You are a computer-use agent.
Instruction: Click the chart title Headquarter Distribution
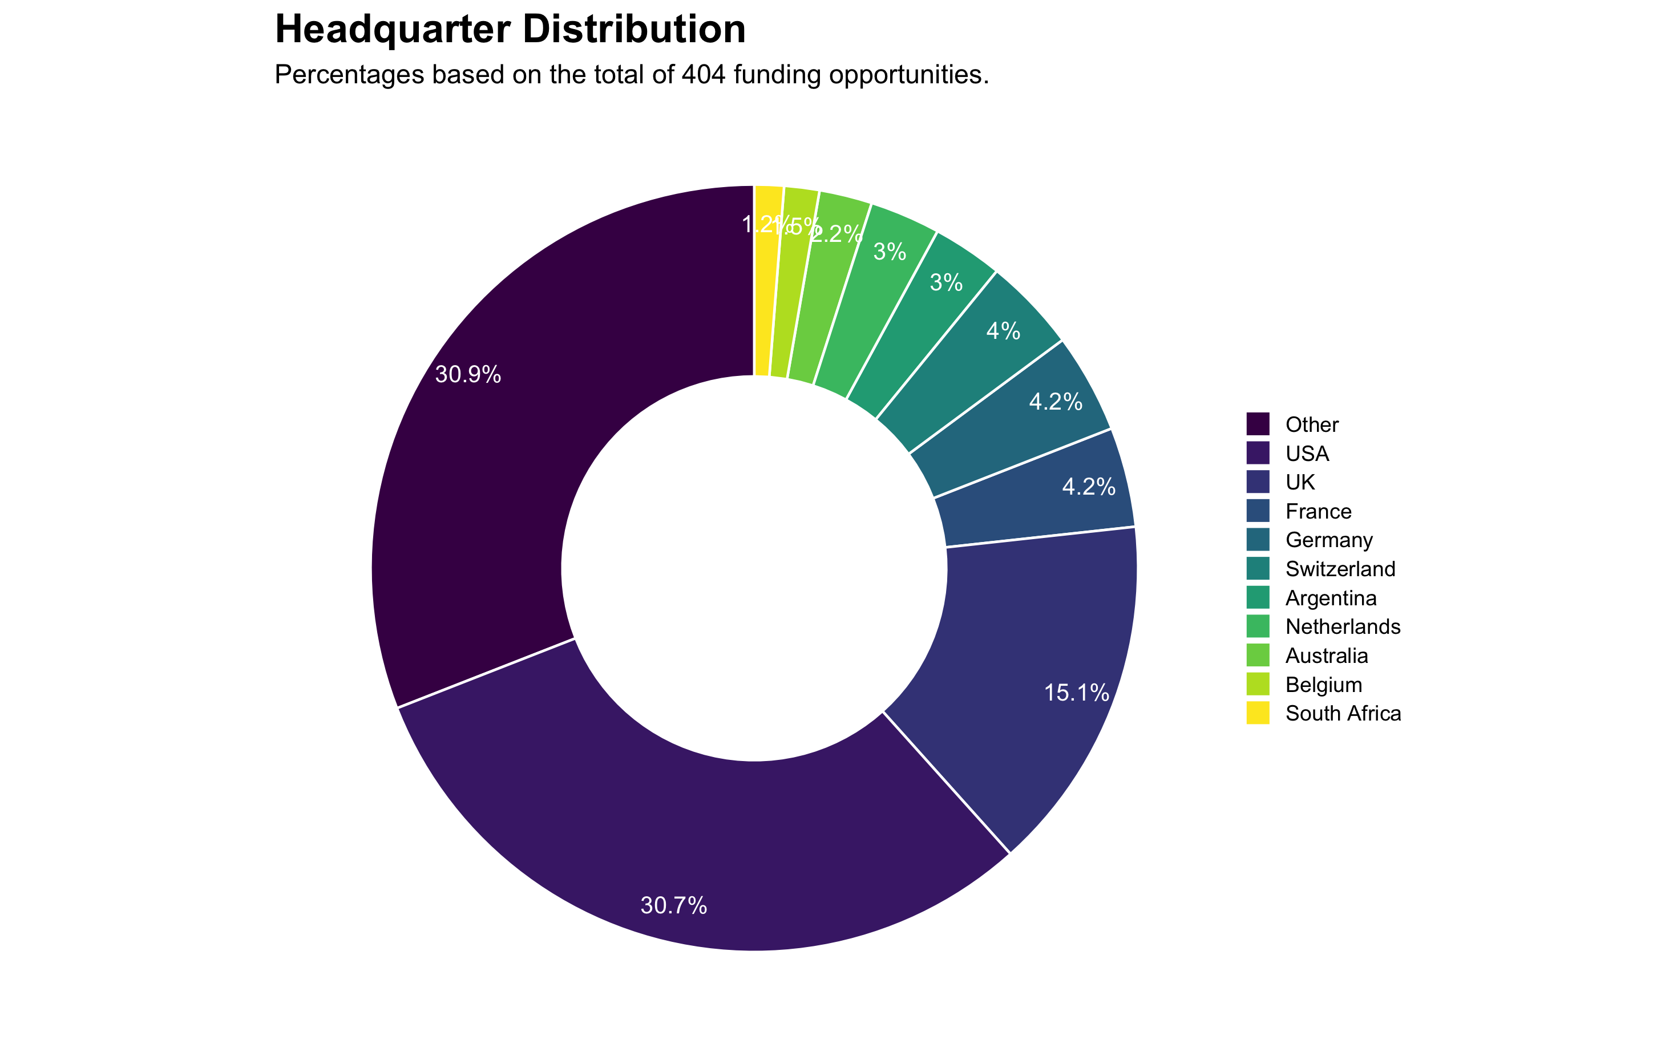pyautogui.click(x=510, y=30)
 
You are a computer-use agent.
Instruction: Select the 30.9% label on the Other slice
pyautogui.click(x=468, y=375)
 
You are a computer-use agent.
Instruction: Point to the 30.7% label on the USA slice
pyautogui.click(x=674, y=905)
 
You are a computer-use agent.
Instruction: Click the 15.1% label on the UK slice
pyautogui.click(x=1077, y=693)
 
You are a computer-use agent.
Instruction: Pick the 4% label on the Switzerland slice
pyautogui.click(x=1003, y=331)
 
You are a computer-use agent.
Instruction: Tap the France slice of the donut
pyautogui.click(x=1040, y=492)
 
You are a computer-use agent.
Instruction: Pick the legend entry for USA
pyautogui.click(x=1307, y=454)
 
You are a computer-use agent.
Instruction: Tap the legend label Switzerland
pyautogui.click(x=1339, y=569)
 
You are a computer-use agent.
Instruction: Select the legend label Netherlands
pyautogui.click(x=1342, y=626)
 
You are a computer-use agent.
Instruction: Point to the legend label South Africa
pyautogui.click(x=1343, y=713)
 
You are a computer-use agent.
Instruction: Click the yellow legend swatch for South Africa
pyautogui.click(x=1258, y=713)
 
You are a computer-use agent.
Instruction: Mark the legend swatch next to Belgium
pyautogui.click(x=1258, y=684)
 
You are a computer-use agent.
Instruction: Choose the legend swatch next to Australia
pyautogui.click(x=1258, y=655)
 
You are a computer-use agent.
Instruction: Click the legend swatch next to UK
pyautogui.click(x=1258, y=481)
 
